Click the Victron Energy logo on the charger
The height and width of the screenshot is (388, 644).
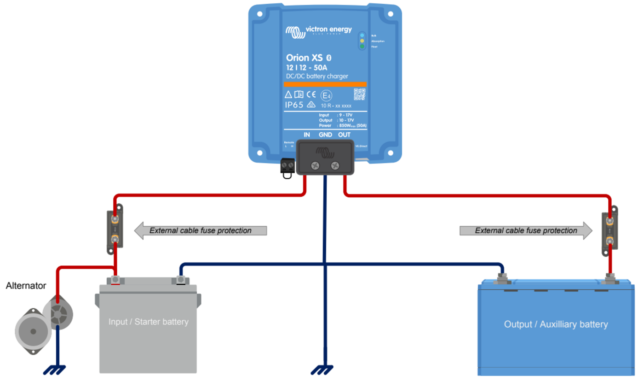click(318, 31)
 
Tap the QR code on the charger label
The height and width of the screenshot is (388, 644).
click(359, 94)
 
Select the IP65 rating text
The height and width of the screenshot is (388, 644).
click(294, 105)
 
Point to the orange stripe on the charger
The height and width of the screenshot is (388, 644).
click(325, 84)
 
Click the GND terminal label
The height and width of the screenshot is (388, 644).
click(325, 135)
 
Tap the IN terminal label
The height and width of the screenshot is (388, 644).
click(307, 135)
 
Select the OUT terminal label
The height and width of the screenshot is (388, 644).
click(344, 135)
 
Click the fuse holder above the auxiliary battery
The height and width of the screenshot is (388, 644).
click(609, 233)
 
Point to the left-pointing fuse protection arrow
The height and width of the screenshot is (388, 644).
click(201, 230)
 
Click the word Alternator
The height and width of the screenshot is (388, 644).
click(26, 286)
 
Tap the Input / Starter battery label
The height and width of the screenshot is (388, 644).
click(148, 322)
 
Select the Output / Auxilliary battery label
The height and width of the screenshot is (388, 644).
click(556, 324)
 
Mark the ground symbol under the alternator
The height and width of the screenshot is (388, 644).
click(55, 369)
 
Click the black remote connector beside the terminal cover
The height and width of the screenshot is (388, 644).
click(287, 166)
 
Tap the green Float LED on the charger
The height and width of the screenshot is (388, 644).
click(362, 47)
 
